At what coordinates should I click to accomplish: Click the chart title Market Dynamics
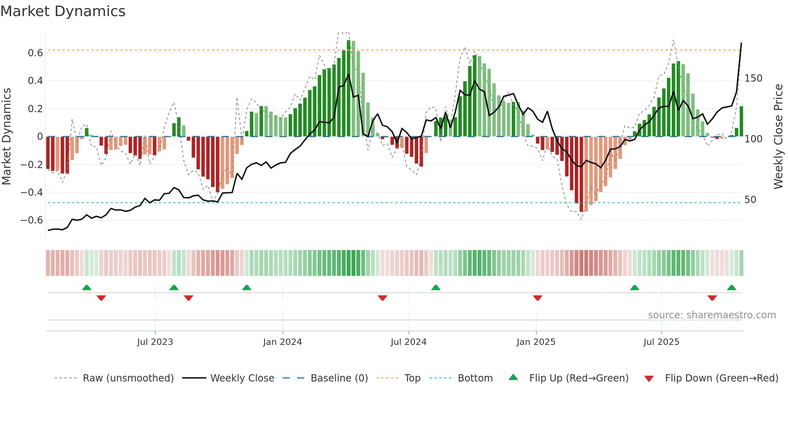click(63, 11)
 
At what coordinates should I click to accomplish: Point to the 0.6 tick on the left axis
click(35, 53)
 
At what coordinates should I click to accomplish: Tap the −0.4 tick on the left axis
click(32, 193)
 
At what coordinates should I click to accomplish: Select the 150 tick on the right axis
click(753, 78)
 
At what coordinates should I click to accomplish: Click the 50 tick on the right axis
click(750, 200)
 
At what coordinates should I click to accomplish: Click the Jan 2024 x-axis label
click(282, 342)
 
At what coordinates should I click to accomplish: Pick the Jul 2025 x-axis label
click(661, 342)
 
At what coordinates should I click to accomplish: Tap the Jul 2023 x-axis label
click(155, 342)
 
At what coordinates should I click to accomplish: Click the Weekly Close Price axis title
click(778, 137)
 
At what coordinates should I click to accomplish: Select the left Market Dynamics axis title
click(6, 137)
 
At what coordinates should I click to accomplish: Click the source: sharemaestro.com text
click(712, 315)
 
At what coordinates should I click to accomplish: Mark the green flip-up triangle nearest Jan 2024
click(246, 287)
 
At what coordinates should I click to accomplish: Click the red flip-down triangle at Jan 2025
click(538, 298)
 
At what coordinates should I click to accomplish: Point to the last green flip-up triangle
click(731, 287)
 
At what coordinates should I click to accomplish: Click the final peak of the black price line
click(741, 43)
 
